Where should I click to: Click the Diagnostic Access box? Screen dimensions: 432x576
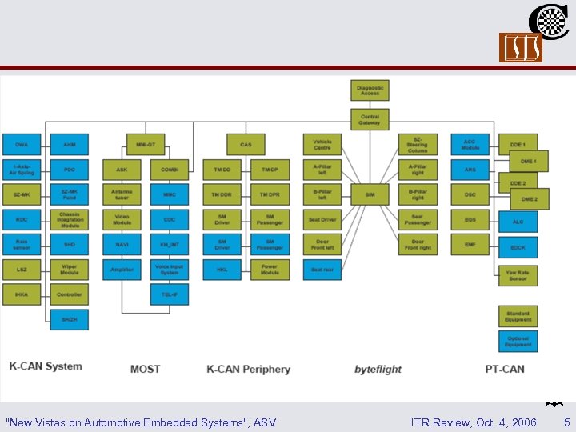click(370, 90)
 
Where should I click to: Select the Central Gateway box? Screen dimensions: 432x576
click(370, 119)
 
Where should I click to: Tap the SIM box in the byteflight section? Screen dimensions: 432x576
click(370, 194)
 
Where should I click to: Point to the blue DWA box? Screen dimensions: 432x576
click(22, 145)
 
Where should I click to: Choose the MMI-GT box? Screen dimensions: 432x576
click(146, 145)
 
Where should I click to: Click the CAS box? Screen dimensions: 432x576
click(246, 145)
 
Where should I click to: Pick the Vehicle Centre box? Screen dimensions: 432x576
click(322, 145)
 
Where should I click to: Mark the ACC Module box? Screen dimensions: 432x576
click(470, 145)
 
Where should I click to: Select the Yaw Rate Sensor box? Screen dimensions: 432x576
click(518, 275)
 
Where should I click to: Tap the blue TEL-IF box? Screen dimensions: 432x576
click(170, 294)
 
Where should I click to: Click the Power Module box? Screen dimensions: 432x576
click(270, 270)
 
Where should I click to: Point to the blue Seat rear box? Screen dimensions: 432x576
click(322, 270)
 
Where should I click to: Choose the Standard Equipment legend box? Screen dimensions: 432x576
click(518, 316)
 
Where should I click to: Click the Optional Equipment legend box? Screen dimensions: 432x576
click(518, 342)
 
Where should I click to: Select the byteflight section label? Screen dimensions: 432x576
click(378, 369)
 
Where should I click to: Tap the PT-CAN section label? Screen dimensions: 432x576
click(505, 369)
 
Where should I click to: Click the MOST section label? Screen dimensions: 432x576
click(145, 369)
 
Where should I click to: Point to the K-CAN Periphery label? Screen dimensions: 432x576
click(248, 369)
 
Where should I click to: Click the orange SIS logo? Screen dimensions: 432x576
click(521, 48)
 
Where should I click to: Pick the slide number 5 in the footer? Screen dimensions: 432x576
click(566, 422)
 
